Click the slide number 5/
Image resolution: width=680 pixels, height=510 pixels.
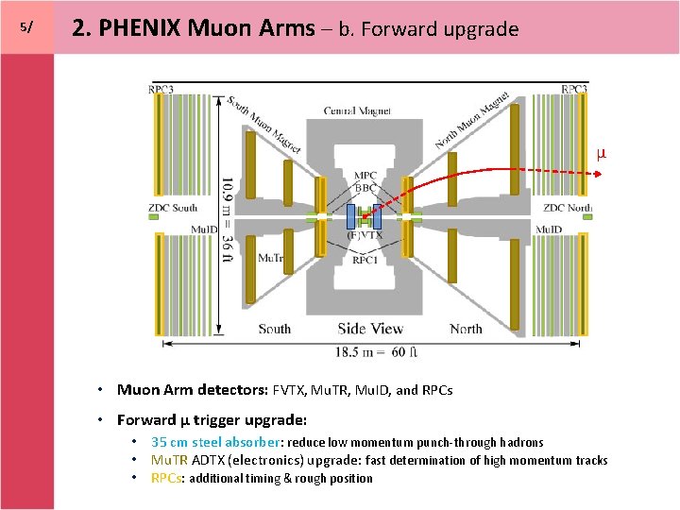[x=25, y=27]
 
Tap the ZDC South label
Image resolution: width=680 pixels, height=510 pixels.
[x=172, y=208]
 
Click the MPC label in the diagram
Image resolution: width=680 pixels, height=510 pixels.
[x=365, y=176]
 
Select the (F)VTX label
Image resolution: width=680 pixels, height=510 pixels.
[x=365, y=234]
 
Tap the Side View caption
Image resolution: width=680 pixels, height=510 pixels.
[x=370, y=329]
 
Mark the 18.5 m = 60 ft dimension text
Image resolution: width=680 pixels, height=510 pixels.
[x=372, y=352]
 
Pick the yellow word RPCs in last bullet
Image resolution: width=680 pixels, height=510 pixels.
[x=166, y=478]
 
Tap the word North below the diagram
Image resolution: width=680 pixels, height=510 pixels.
[x=466, y=329]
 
